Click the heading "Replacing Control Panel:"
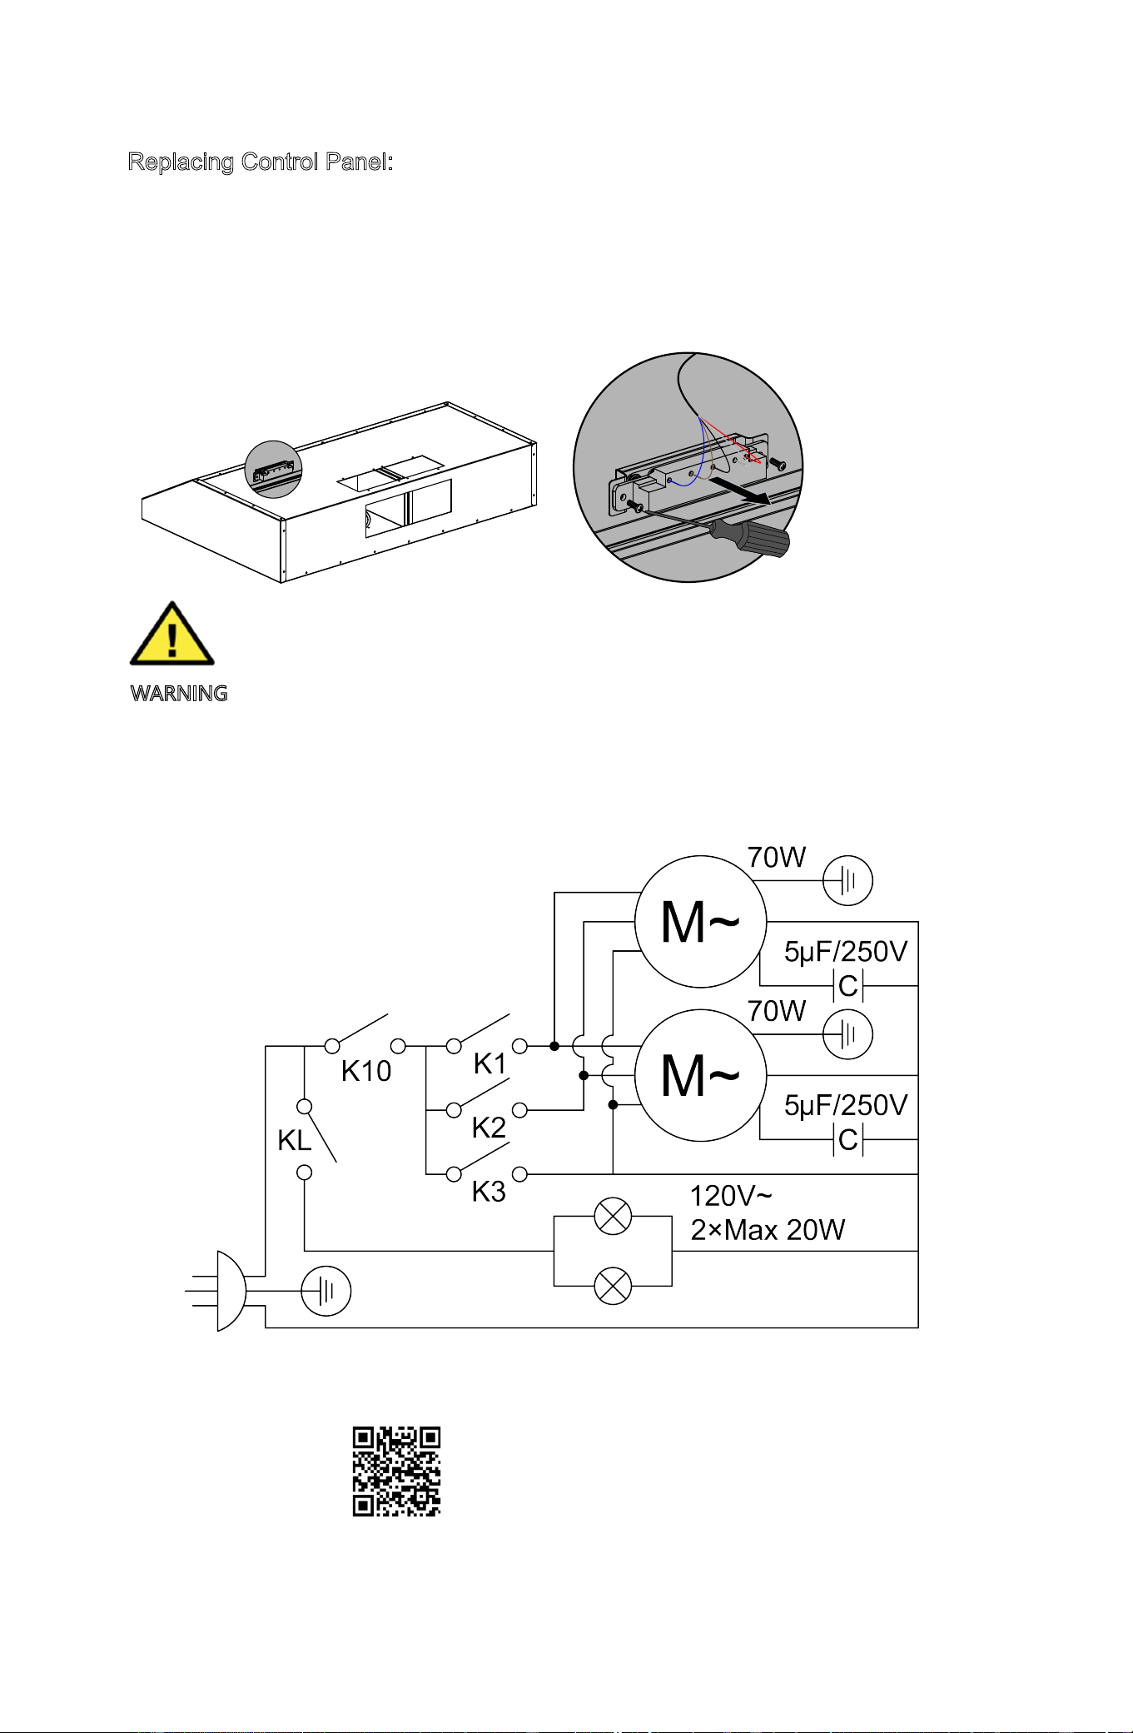(x=260, y=162)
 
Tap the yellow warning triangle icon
(x=172, y=634)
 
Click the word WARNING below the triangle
(x=179, y=694)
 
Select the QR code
(x=396, y=1471)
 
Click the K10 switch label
(x=366, y=1071)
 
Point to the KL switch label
(x=295, y=1140)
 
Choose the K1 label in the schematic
(x=489, y=1063)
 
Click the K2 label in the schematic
(x=489, y=1128)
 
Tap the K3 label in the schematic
(x=489, y=1192)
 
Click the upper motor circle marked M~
(x=700, y=922)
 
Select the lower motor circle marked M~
(x=700, y=1075)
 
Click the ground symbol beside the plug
(x=325, y=1291)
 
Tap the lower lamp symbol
(x=613, y=1286)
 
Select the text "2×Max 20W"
(x=768, y=1230)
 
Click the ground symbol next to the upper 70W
(x=847, y=880)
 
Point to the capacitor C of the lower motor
(x=848, y=1140)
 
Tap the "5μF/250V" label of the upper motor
(x=846, y=952)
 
